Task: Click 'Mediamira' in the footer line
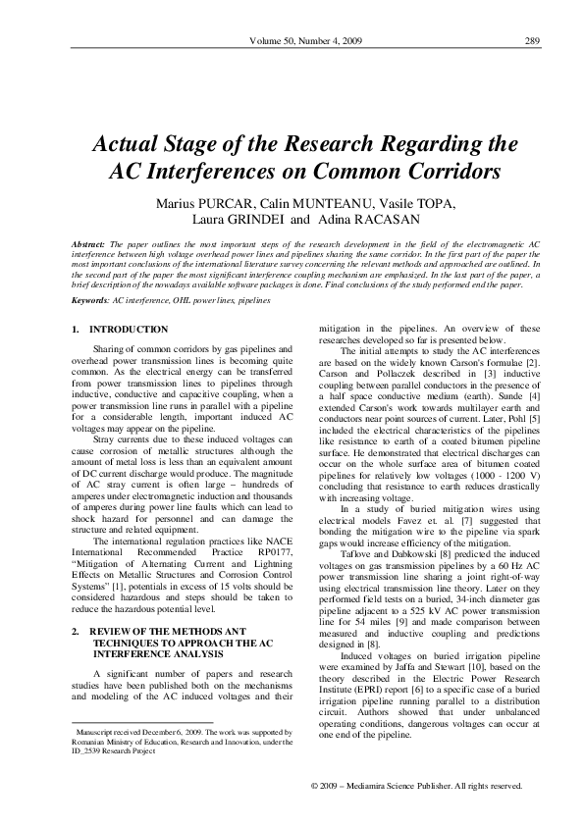[x=383, y=787]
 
